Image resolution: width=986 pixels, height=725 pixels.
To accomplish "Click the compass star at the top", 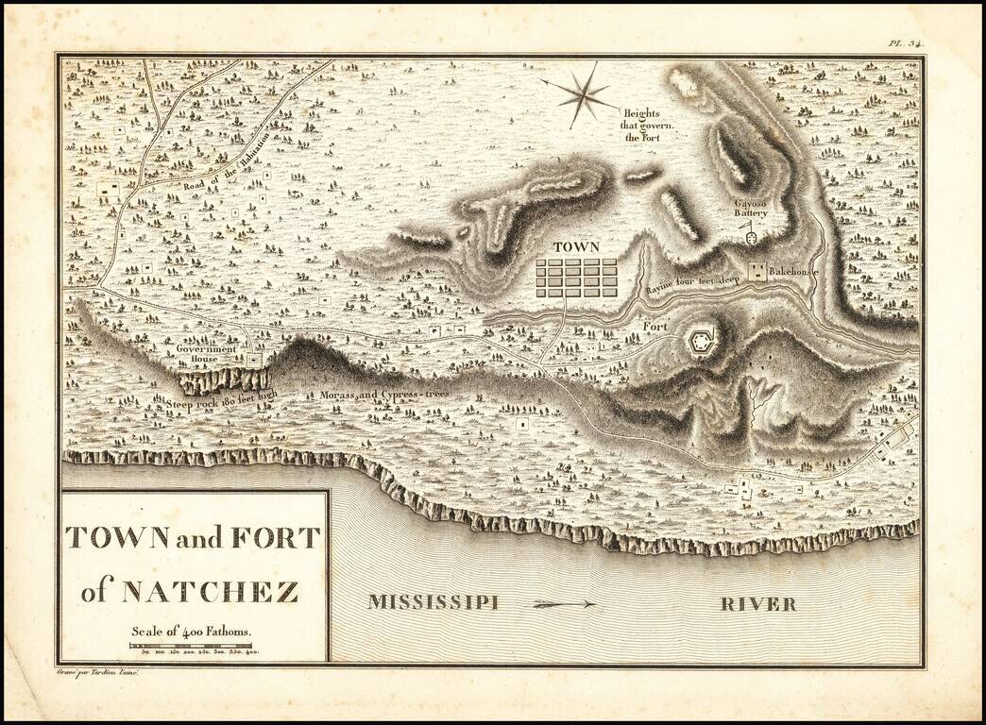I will click(x=578, y=93).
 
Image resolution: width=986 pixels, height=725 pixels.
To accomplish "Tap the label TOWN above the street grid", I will click(x=576, y=246).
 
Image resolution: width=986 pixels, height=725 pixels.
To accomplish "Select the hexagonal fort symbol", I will click(x=701, y=340).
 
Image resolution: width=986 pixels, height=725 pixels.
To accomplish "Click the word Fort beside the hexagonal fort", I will click(x=654, y=327).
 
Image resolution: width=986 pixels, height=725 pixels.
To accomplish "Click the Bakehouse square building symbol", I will click(x=756, y=272).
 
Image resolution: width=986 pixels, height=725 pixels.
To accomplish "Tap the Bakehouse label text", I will click(x=791, y=272).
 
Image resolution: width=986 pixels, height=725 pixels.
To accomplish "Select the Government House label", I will click(x=205, y=354).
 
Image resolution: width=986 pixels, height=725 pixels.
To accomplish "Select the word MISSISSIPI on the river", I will click(x=433, y=602).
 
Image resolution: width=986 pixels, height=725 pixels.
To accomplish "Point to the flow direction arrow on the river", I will click(x=564, y=603).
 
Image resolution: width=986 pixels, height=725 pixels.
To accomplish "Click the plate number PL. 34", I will click(x=905, y=42).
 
